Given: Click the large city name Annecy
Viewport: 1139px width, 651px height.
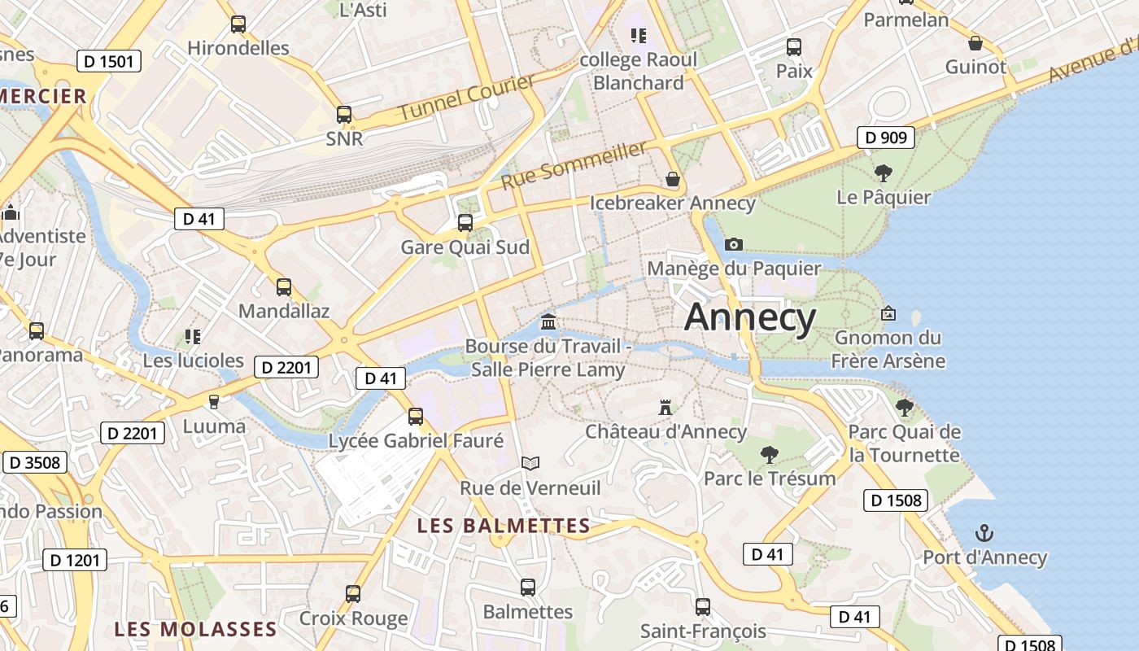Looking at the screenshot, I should tap(750, 317).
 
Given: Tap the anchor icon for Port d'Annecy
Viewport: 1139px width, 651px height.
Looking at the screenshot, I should tap(984, 534).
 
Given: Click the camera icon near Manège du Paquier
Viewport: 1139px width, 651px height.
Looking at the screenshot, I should tap(733, 244).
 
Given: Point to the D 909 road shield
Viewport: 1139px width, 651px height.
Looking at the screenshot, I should tap(885, 138).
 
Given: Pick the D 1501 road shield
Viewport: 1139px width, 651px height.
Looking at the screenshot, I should tap(109, 61).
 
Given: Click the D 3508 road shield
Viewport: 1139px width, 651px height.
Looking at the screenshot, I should tap(34, 462).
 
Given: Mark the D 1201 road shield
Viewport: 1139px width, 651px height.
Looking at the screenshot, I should tap(74, 560).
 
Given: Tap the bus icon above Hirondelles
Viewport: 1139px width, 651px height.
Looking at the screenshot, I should tap(238, 24).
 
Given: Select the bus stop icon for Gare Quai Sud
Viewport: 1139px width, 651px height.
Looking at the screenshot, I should tap(465, 223).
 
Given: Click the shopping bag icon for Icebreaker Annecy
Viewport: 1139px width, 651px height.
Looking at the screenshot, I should tap(673, 179).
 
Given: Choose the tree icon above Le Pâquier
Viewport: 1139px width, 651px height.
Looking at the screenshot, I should tap(883, 173).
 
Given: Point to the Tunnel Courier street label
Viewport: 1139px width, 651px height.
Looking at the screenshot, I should tap(466, 97).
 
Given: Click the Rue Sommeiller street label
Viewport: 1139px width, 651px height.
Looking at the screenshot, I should tap(574, 164).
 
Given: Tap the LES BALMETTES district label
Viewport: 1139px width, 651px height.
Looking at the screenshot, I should tap(503, 526).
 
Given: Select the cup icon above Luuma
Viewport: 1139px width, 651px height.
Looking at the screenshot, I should tap(214, 401).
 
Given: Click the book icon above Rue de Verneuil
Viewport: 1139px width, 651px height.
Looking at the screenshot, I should tap(530, 463).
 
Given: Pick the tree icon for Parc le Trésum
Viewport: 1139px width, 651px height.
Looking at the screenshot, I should tap(769, 454).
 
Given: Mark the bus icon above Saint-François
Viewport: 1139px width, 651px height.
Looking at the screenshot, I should tap(703, 606).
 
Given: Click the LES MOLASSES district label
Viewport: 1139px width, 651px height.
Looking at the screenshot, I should tap(195, 629).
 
